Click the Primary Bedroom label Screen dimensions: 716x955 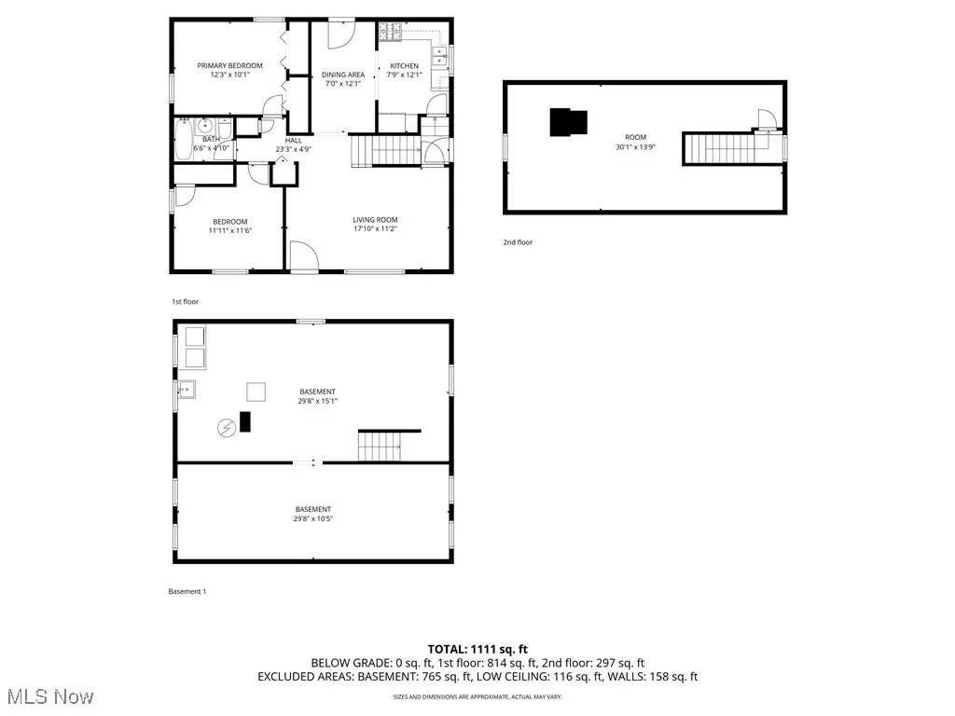coord(229,65)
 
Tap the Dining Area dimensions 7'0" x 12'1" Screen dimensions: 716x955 coord(343,84)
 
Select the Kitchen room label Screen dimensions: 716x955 coord(404,65)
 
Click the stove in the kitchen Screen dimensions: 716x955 coord(390,33)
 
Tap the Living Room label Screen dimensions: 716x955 coord(375,219)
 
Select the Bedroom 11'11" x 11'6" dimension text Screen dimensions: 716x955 coord(229,230)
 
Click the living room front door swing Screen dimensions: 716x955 coord(302,255)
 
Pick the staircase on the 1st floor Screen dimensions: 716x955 coord(382,149)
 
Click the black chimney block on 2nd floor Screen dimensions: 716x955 coord(568,122)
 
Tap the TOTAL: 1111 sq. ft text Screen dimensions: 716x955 coord(477,649)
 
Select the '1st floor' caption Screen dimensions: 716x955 coord(185,302)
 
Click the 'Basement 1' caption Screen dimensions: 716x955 coord(187,592)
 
